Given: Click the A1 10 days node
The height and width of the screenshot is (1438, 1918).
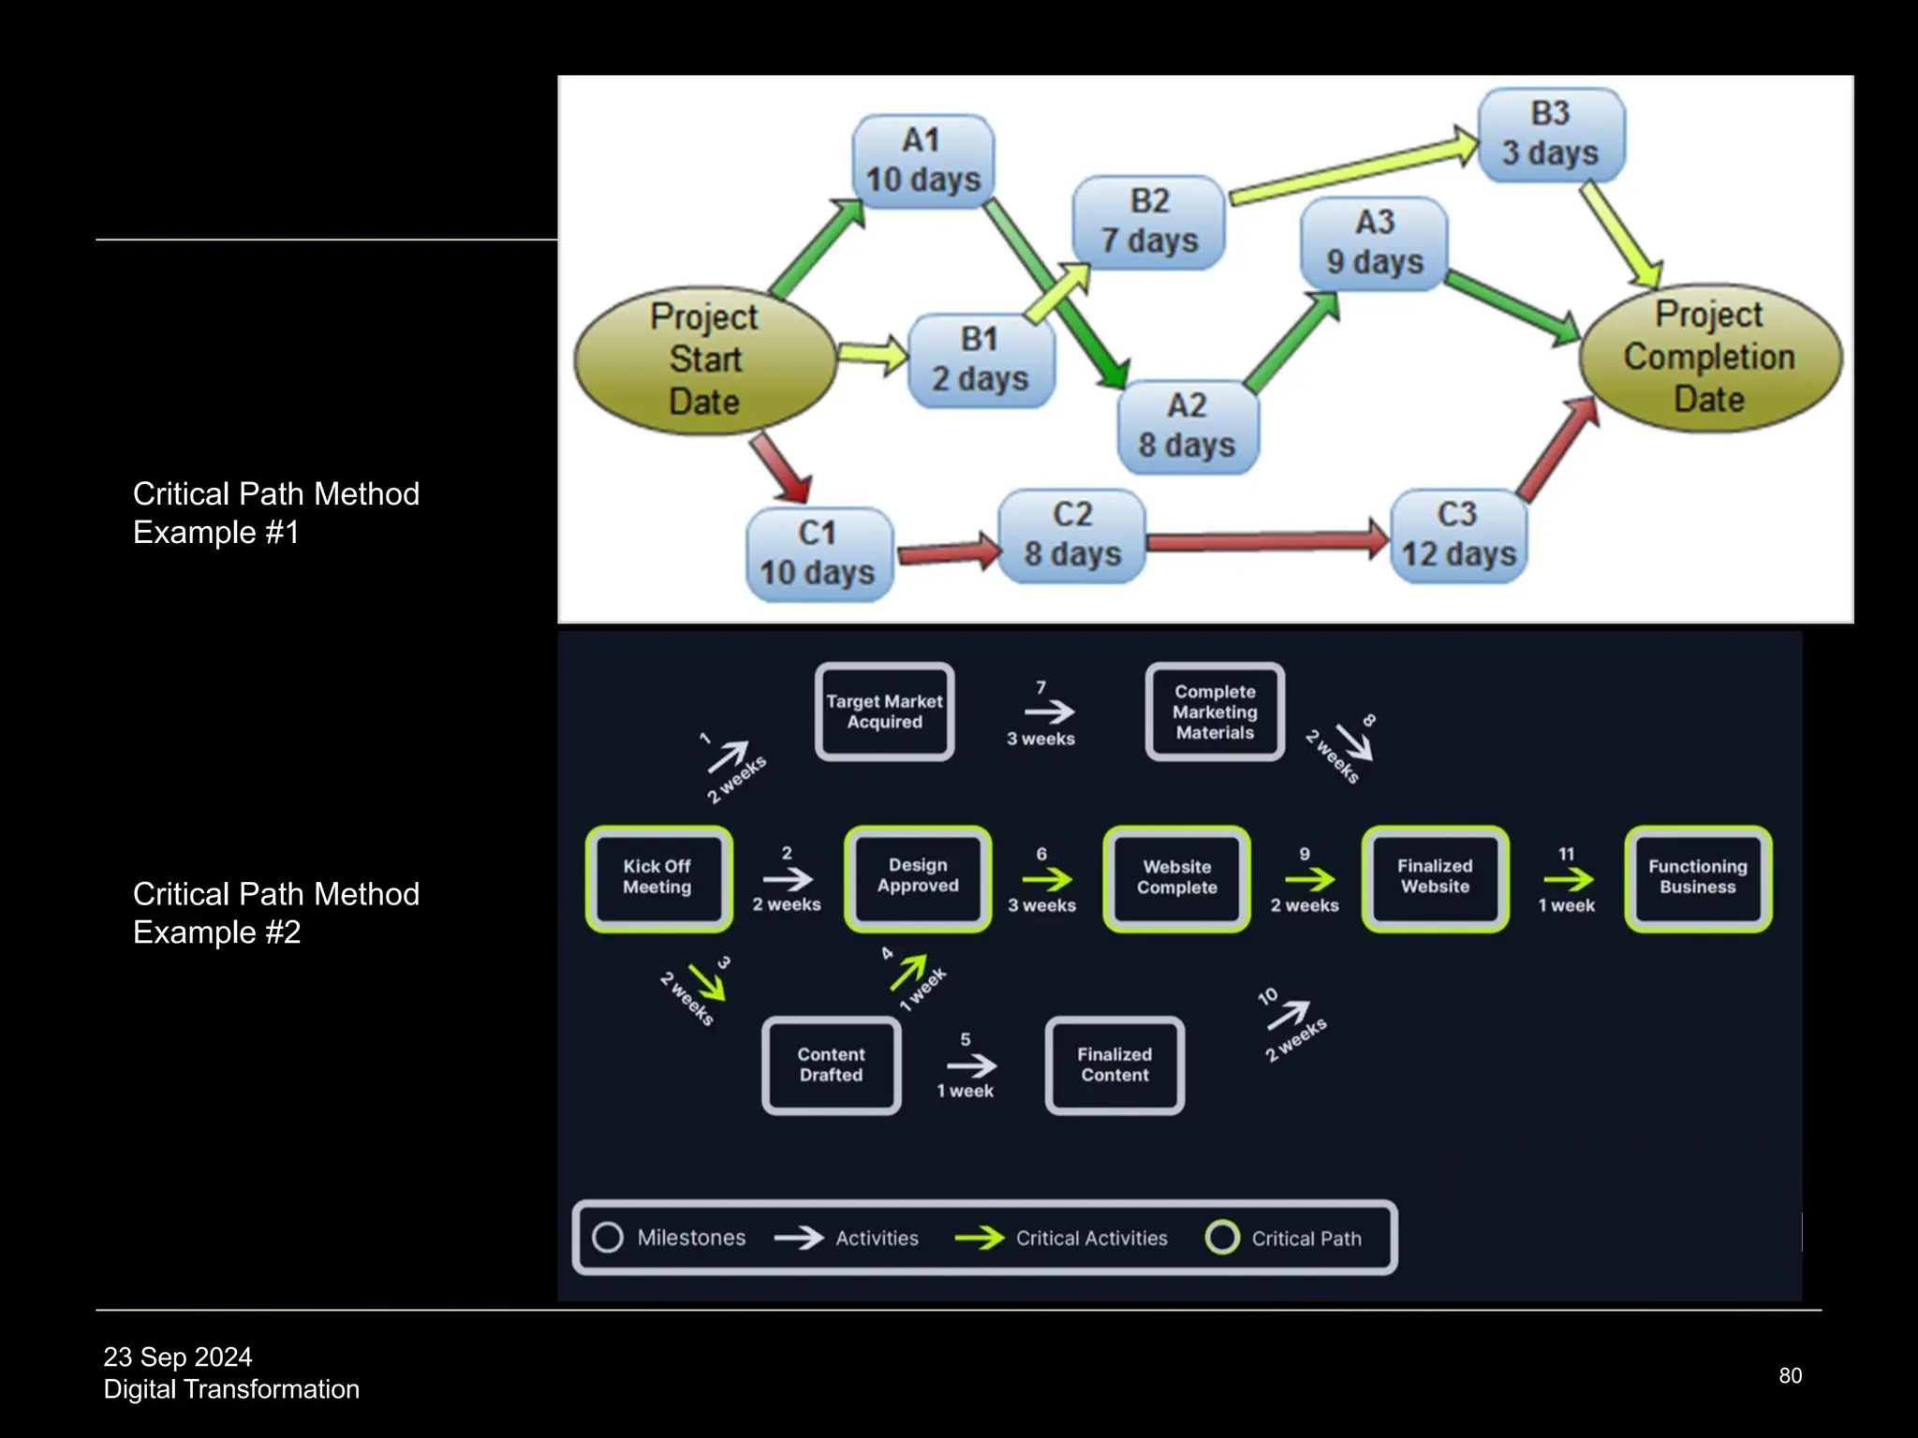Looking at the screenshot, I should [x=922, y=161].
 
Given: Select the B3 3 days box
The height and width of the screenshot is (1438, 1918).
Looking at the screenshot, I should [x=1551, y=134].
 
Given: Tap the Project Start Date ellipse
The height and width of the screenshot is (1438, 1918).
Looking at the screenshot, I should [x=704, y=359].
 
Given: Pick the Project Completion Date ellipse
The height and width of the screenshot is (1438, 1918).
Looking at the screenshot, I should [x=1709, y=357].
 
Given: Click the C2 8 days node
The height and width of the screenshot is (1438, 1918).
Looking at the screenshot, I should [x=1071, y=535].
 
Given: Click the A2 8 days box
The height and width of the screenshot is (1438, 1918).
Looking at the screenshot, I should [x=1187, y=426].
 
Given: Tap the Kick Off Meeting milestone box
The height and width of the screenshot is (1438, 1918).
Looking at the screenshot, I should [x=658, y=877].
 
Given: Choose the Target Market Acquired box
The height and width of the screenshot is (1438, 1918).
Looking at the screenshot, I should [x=884, y=712].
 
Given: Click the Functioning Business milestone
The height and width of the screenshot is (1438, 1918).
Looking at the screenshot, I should [x=1697, y=877].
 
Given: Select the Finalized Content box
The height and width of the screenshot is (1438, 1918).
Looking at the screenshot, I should [x=1114, y=1065].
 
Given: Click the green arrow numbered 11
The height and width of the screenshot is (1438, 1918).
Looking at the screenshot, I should [x=1568, y=879].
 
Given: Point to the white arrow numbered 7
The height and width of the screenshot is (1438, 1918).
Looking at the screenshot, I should [x=1048, y=712].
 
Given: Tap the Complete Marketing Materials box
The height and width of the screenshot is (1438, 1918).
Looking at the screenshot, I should [x=1215, y=712].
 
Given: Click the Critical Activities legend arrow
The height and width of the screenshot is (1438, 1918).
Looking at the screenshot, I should [x=979, y=1238].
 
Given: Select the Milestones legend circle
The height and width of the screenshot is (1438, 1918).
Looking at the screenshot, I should [x=608, y=1237].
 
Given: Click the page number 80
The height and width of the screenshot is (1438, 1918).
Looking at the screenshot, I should [x=1790, y=1375].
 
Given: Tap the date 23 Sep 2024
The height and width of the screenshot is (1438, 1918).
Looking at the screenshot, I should [x=178, y=1357].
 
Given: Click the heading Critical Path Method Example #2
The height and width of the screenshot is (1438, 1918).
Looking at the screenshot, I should [x=275, y=913].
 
